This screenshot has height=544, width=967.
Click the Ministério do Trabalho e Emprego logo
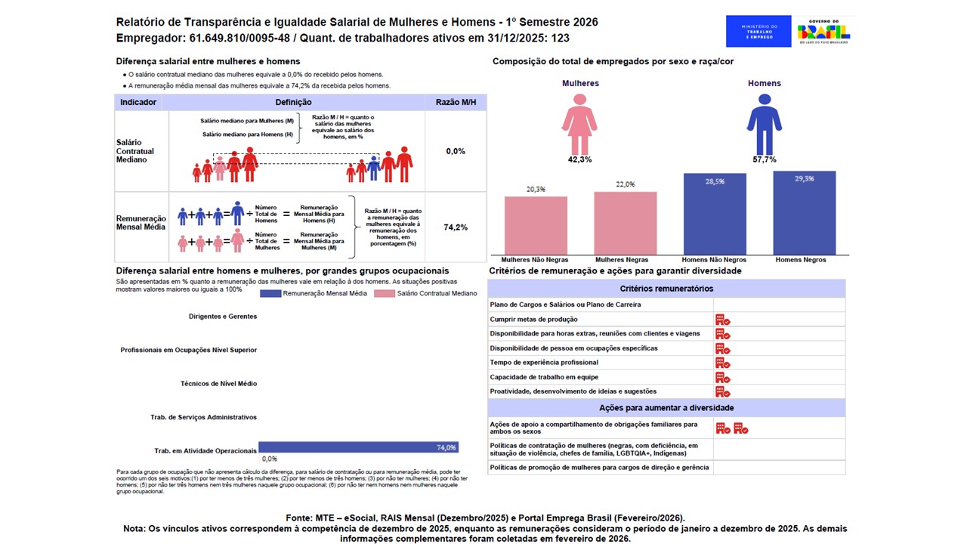(x=758, y=32)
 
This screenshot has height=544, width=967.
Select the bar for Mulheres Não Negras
(x=536, y=225)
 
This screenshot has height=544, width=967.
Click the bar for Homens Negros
(x=804, y=213)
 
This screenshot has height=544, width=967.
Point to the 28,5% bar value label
(x=714, y=181)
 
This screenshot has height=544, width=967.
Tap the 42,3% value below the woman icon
(x=579, y=159)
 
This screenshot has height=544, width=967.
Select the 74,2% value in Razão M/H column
(x=456, y=227)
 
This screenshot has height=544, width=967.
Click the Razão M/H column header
(x=456, y=102)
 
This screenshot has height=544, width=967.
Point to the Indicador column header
(x=138, y=102)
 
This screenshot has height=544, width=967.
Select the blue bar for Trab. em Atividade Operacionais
(x=358, y=447)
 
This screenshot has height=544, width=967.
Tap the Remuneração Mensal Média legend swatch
(x=270, y=293)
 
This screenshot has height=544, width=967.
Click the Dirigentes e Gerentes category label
(x=223, y=317)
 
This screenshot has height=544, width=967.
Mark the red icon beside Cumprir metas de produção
(x=723, y=320)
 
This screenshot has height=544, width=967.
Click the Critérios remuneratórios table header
(x=666, y=289)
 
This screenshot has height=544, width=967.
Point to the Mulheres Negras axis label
(x=625, y=260)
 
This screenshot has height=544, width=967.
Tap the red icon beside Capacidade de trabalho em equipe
(x=723, y=377)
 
